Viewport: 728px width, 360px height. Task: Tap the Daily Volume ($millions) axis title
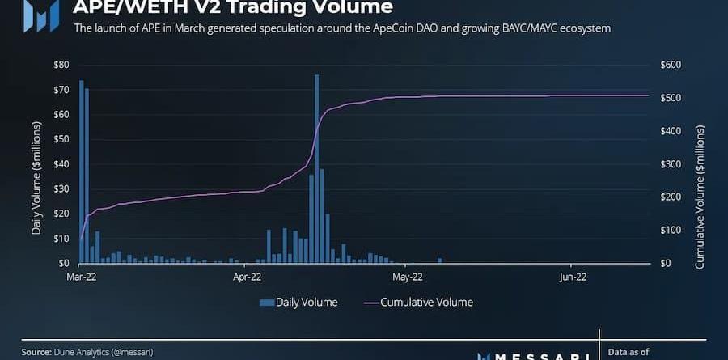36,178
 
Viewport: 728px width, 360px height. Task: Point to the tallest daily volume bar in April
316,169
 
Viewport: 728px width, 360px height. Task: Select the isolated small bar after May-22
440,260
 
